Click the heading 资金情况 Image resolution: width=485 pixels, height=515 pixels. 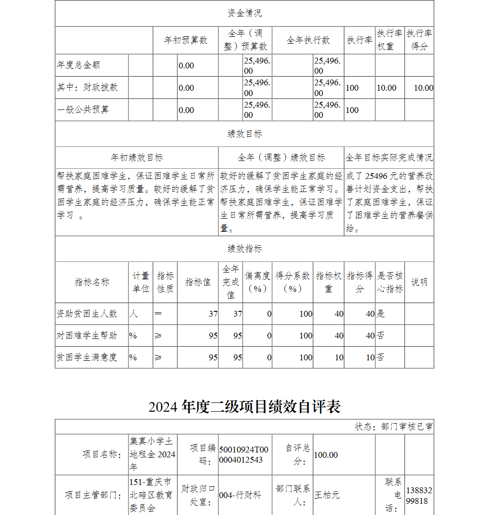pos(244,13)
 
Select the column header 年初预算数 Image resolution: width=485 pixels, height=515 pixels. pos(186,40)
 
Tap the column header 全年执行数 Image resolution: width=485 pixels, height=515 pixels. pos(308,40)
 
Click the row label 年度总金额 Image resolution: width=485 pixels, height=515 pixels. pos(79,65)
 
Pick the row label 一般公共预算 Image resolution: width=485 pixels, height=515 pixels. pos(83,110)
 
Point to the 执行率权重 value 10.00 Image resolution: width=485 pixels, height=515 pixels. pos(387,88)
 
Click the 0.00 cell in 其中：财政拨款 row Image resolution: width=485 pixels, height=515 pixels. pos(186,88)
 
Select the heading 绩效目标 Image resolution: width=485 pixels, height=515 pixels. pos(244,134)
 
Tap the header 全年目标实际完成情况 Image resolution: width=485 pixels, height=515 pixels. pos(389,158)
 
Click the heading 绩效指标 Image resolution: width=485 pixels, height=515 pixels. pos(244,249)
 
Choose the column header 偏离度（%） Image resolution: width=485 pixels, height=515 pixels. pos(257,282)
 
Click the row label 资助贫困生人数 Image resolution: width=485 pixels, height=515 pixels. pos(87,314)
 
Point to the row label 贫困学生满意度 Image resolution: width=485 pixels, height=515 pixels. pos(87,357)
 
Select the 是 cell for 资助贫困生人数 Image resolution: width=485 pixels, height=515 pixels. pos(381,314)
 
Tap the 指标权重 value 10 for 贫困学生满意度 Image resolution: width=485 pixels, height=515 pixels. pos(339,357)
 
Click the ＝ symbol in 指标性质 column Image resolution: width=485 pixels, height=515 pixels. pos(158,314)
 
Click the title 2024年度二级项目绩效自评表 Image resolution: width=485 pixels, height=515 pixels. pos(244,407)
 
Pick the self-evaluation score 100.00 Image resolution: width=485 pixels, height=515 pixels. pos(326,455)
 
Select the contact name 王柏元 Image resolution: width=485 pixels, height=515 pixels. pos(327,495)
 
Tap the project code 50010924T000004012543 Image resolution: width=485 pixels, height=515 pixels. pos(243,454)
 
